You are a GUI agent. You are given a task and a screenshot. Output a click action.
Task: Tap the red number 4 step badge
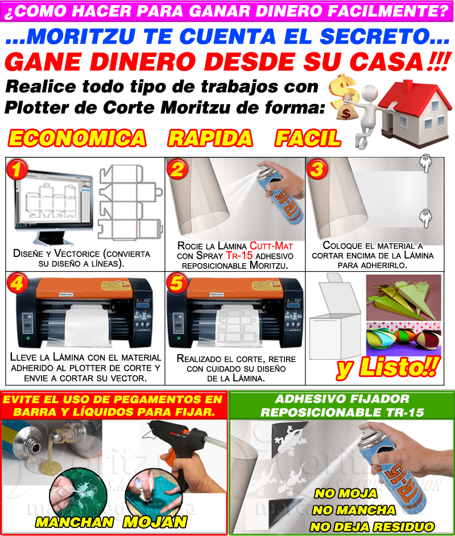[16, 282]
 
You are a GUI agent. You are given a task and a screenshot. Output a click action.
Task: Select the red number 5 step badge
[176, 282]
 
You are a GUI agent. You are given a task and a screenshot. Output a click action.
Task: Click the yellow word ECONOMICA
[77, 138]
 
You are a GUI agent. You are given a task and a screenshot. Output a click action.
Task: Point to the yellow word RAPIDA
[210, 138]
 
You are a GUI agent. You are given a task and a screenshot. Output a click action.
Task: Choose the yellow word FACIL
[308, 138]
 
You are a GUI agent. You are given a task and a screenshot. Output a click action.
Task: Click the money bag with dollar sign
[346, 108]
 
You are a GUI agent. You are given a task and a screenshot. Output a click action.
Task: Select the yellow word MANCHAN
[75, 522]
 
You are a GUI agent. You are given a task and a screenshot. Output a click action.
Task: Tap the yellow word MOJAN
[155, 522]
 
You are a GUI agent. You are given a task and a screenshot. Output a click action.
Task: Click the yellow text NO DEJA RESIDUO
[372, 526]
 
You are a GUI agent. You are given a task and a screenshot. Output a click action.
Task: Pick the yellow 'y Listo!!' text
[388, 368]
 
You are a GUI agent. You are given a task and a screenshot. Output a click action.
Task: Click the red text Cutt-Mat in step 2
[271, 246]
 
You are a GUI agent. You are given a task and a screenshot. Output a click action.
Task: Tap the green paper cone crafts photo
[404, 297]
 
